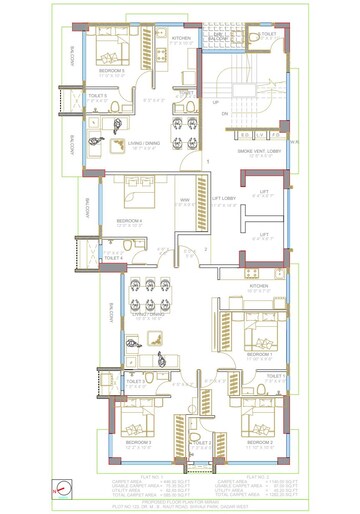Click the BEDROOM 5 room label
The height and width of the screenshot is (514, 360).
tap(111, 71)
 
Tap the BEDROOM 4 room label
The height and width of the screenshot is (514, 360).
tap(128, 220)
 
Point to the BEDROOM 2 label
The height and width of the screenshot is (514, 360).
tap(259, 441)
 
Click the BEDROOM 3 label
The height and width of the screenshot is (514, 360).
tap(138, 441)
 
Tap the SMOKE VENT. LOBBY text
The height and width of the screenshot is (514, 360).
tap(257, 149)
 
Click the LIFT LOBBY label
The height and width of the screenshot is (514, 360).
tap(222, 198)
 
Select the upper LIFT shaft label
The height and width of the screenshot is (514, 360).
tap(264, 193)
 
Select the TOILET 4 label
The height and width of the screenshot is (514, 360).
tap(113, 258)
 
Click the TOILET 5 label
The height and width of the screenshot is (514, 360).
tap(98, 96)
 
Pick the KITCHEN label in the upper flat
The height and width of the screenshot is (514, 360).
tap(181, 38)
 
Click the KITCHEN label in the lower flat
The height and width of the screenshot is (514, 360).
tap(258, 286)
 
